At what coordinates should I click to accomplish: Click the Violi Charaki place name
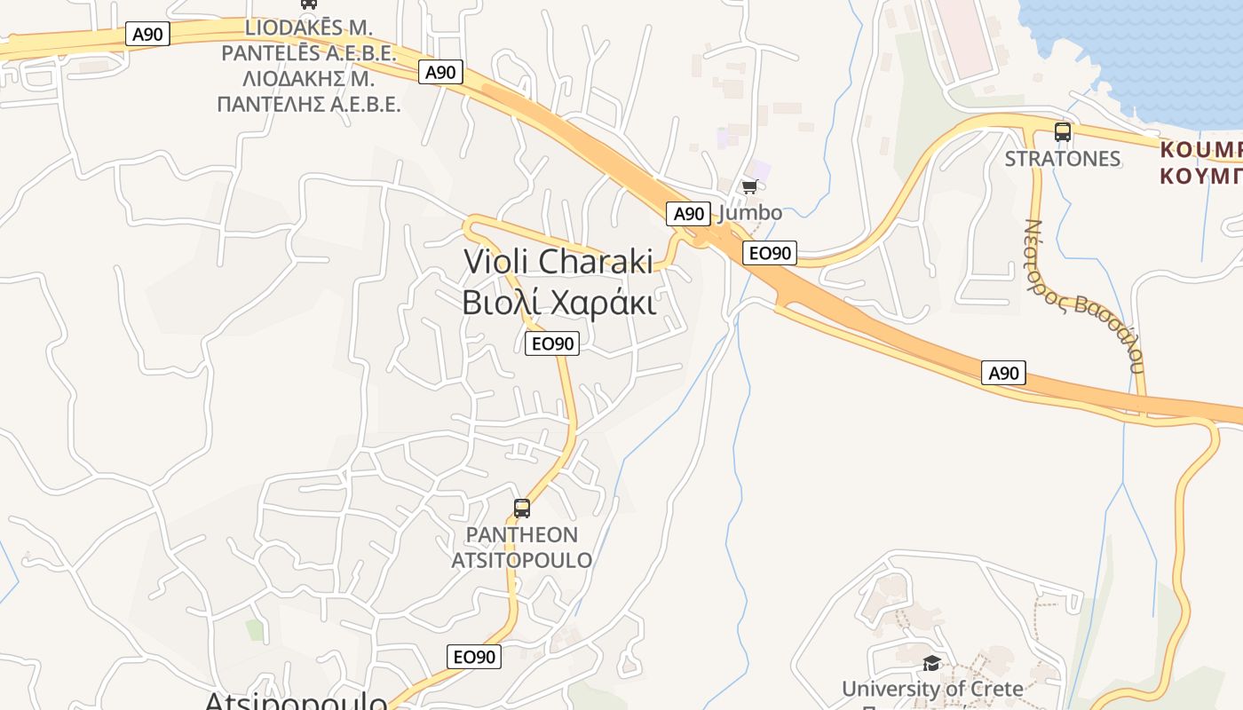(558, 262)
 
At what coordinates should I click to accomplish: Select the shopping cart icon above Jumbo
(750, 186)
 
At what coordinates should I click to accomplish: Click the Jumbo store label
(750, 213)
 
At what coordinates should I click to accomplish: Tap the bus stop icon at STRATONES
(1063, 132)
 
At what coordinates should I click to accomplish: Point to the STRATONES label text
(1063, 159)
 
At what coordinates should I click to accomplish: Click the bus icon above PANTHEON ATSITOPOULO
(522, 509)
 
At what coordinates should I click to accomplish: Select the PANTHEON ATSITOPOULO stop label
(522, 548)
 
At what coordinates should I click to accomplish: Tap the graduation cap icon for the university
(931, 663)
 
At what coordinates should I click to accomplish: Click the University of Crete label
(932, 689)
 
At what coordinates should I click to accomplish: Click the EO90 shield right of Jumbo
(770, 253)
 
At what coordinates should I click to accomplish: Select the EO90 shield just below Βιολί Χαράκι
(552, 343)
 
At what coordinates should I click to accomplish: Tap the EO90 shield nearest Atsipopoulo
(474, 657)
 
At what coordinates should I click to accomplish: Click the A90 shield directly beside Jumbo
(688, 214)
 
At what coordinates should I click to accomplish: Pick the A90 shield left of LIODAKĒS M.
(147, 35)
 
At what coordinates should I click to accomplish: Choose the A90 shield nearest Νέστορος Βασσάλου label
(1004, 373)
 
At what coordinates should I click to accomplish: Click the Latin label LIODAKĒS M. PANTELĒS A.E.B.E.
(308, 40)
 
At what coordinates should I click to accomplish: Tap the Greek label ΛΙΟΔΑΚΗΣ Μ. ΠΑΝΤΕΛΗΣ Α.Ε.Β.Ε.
(308, 91)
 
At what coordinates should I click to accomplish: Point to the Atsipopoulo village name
(296, 701)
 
